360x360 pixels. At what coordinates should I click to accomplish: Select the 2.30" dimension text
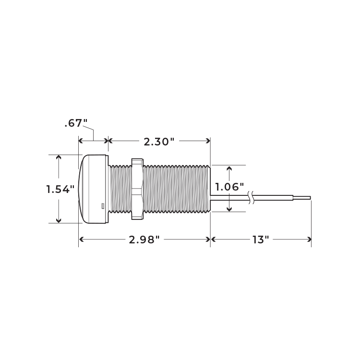click(158, 142)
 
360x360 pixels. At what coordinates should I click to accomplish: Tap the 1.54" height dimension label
click(60, 189)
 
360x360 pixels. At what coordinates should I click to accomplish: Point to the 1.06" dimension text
click(229, 187)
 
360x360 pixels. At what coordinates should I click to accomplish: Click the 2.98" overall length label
click(144, 240)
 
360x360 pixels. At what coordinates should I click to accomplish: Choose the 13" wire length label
click(261, 240)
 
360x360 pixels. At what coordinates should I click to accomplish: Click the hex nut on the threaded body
click(137, 189)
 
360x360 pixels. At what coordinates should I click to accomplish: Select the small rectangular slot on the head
click(103, 206)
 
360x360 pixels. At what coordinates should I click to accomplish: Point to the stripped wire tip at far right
click(302, 198)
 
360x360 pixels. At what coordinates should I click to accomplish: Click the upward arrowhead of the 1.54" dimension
click(59, 157)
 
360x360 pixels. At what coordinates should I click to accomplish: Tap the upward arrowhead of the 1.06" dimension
click(229, 168)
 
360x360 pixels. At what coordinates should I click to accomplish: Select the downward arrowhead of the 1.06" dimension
click(229, 209)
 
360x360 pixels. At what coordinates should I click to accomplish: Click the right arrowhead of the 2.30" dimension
click(208, 141)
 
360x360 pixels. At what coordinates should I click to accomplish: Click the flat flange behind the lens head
click(107, 189)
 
